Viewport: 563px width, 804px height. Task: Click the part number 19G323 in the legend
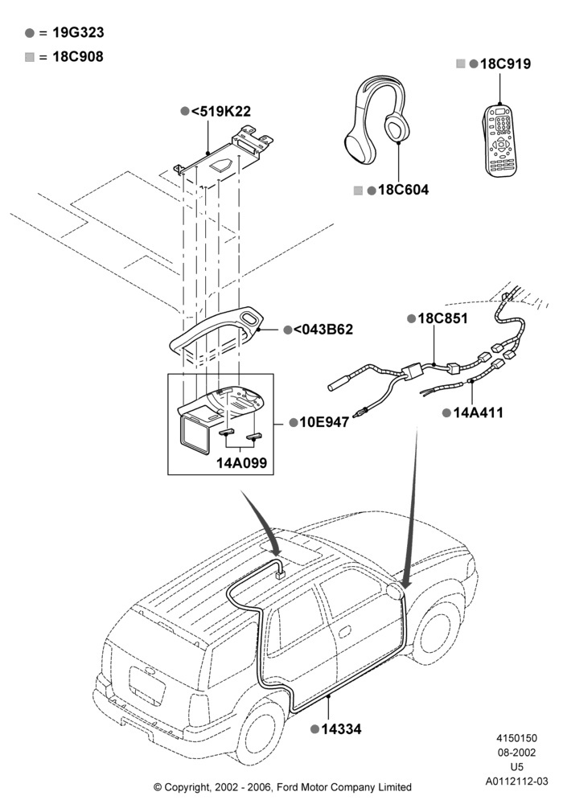(x=78, y=32)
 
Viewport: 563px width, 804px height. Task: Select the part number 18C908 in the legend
(x=78, y=56)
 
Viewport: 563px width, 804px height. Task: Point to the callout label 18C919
(x=505, y=64)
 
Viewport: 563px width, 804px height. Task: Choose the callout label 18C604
(x=403, y=190)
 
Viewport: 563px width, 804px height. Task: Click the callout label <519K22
(x=221, y=111)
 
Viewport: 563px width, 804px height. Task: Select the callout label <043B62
(x=323, y=329)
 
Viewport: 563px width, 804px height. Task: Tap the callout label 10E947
(x=324, y=422)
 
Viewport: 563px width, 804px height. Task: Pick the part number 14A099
(x=241, y=462)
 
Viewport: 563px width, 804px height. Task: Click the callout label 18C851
(x=442, y=318)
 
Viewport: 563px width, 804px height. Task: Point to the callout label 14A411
(x=478, y=412)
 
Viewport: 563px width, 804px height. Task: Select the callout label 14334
(x=341, y=728)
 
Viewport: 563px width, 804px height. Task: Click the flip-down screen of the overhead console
(x=195, y=435)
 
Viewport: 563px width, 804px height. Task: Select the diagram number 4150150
(x=516, y=738)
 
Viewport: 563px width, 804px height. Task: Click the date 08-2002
(x=516, y=753)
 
